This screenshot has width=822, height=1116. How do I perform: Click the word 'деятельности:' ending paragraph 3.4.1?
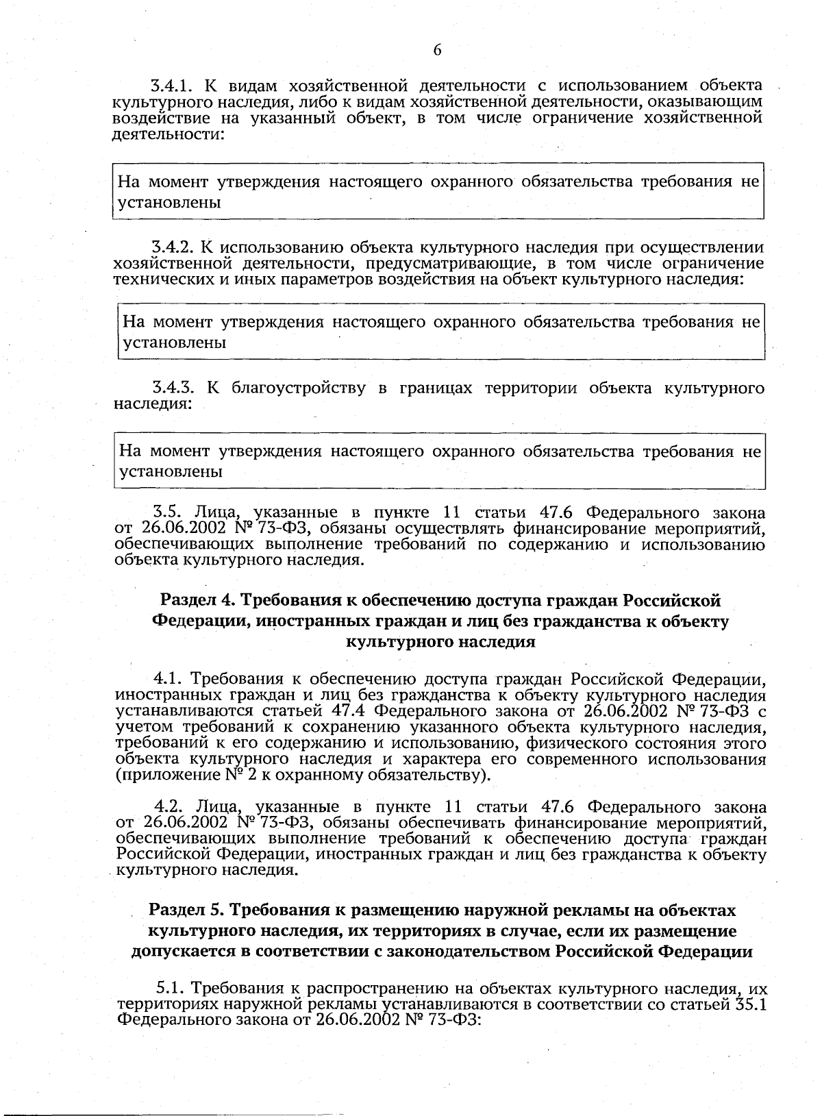coord(169,134)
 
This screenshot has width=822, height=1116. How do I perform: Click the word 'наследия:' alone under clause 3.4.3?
coord(151,404)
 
